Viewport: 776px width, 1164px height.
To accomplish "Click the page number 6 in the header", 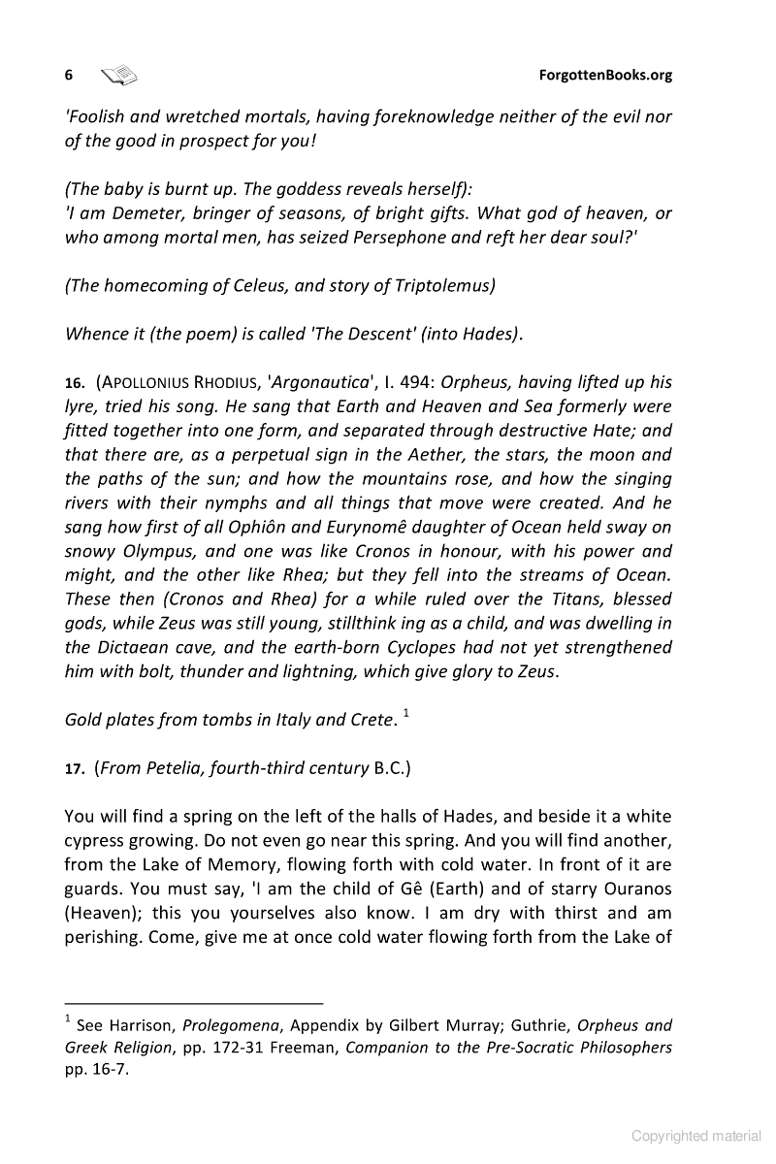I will (69, 75).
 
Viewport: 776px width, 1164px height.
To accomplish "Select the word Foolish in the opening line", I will (95, 117).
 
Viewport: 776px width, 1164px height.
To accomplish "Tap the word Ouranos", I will (629, 889).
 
